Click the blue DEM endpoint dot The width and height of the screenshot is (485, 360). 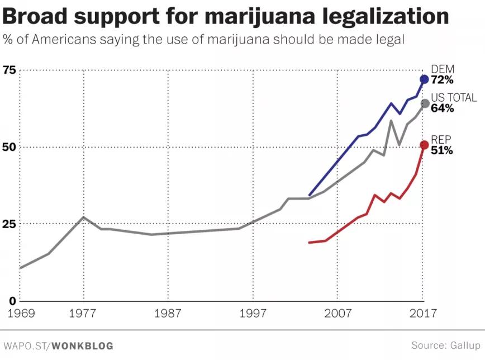pos(424,79)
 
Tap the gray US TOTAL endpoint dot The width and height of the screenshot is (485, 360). pos(425,103)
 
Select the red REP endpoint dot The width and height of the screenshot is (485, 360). pos(424,145)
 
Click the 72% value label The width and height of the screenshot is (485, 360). pos(442,80)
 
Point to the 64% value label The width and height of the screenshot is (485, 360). pos(442,108)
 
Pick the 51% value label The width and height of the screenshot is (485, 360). pos(441,150)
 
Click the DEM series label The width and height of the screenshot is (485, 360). pos(443,69)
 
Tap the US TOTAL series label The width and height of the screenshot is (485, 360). pos(454,98)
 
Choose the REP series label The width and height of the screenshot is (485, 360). pos(441,140)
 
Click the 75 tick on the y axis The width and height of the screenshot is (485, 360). pos(9,70)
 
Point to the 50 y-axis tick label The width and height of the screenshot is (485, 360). pos(9,147)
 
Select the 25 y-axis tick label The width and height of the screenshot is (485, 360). pos(9,224)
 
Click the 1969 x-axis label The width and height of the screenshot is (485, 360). pos(21,313)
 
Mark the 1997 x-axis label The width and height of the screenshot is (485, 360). pos(253,313)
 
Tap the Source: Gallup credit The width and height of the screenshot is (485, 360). pos(445,345)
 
